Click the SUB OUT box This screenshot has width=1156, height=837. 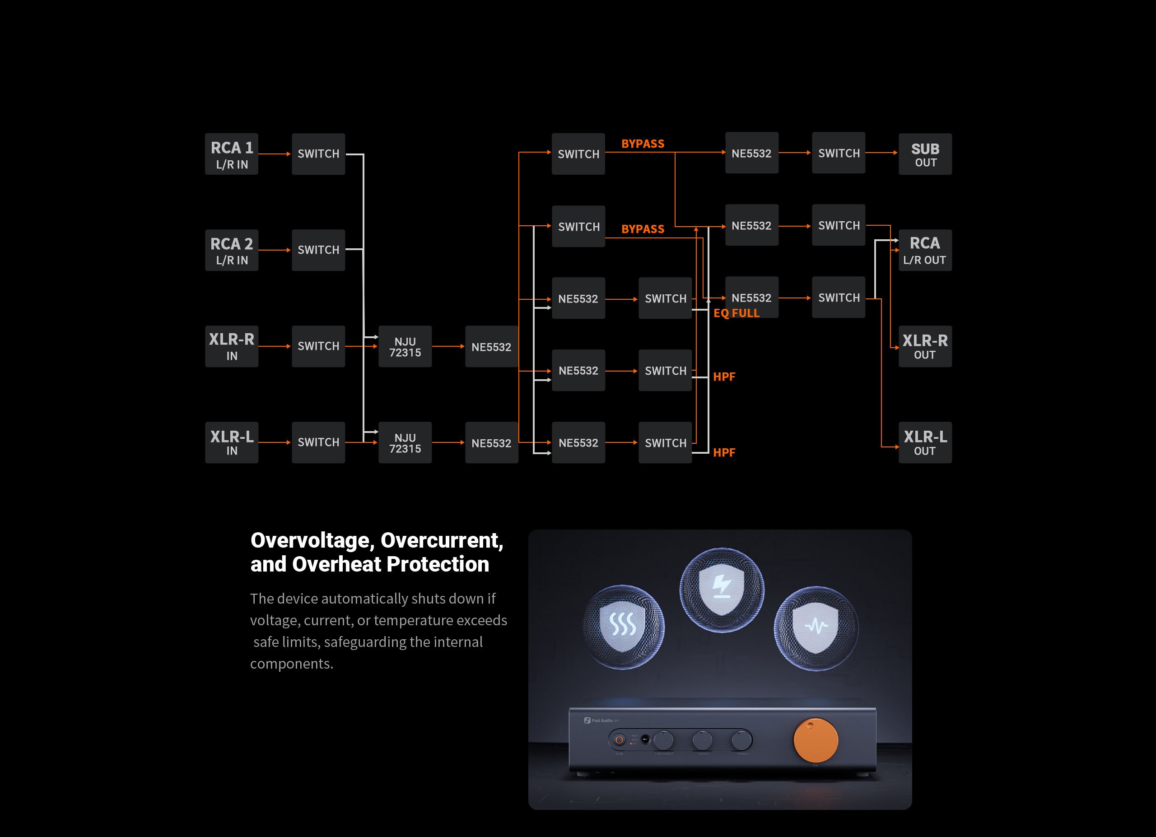click(925, 154)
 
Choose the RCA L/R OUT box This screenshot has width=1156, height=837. click(925, 250)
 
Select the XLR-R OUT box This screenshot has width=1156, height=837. click(925, 346)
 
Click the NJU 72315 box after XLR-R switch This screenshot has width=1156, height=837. click(405, 346)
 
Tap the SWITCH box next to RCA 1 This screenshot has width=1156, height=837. click(318, 154)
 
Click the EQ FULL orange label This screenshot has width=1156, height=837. click(736, 313)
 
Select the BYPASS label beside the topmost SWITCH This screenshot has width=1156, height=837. click(642, 144)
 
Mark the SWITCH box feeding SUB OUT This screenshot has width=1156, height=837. click(839, 153)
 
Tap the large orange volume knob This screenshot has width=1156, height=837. click(816, 741)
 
